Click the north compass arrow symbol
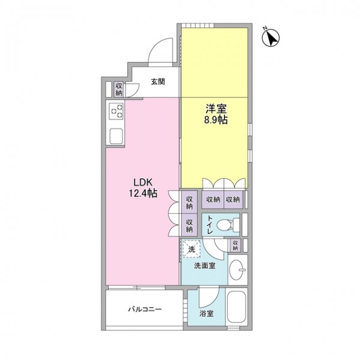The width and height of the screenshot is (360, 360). click(x=271, y=38)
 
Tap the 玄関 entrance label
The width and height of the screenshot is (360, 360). click(x=158, y=82)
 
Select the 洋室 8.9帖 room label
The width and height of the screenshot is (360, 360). click(x=216, y=114)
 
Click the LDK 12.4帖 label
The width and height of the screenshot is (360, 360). click(x=143, y=188)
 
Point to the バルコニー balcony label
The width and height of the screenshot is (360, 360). click(x=145, y=309)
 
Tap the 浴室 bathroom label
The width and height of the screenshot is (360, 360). click(x=206, y=314)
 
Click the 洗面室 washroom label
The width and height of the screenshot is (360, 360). click(x=205, y=266)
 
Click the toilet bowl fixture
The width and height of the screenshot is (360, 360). click(x=228, y=224)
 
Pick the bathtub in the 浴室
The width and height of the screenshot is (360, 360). click(x=236, y=306)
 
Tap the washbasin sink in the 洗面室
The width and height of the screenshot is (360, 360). click(x=237, y=269)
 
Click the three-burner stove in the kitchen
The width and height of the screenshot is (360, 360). click(x=116, y=111)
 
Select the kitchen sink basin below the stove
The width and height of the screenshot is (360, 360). click(x=116, y=136)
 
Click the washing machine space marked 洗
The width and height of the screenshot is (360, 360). click(x=191, y=248)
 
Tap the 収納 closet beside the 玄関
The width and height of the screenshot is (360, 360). click(x=119, y=89)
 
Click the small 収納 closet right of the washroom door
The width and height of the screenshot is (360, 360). click(x=235, y=245)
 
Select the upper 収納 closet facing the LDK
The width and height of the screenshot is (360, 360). click(x=189, y=202)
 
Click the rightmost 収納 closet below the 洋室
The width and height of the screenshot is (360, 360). click(x=233, y=199)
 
